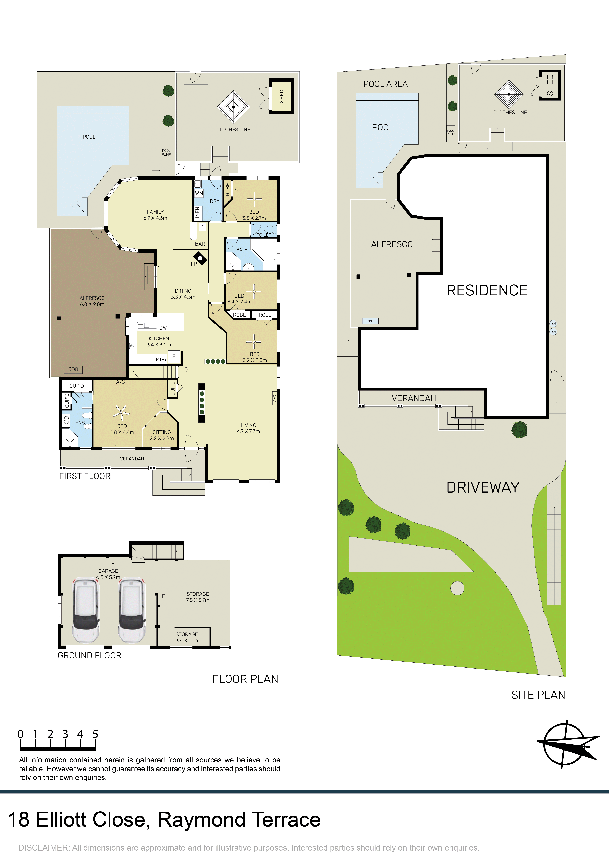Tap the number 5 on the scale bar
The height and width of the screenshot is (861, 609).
point(95,734)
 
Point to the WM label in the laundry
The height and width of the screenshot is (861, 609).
point(199,193)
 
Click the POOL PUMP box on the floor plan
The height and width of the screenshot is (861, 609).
point(166,152)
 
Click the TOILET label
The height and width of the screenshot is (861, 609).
point(264,235)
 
